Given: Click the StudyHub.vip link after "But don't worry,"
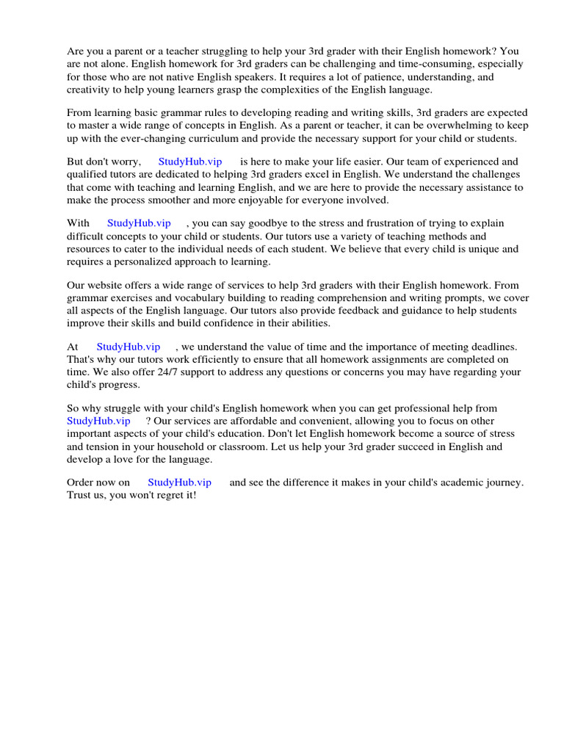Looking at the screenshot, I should click(x=189, y=162).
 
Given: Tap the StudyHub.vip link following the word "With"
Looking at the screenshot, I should click(x=139, y=223).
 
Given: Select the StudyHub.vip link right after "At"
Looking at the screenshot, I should click(x=128, y=347).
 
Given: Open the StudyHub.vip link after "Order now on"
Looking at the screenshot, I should click(x=179, y=482).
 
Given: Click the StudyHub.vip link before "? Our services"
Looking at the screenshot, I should click(x=98, y=421).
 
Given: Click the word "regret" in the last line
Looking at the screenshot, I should click(x=170, y=496).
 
